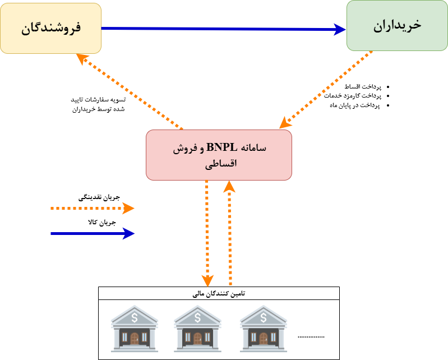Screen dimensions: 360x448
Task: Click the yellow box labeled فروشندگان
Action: click(x=50, y=28)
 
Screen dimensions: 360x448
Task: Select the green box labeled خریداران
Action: click(x=397, y=26)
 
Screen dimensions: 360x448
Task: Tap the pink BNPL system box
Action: click(x=219, y=155)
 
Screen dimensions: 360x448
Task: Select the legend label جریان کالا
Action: click(x=101, y=223)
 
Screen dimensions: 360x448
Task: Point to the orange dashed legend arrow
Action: click(x=93, y=209)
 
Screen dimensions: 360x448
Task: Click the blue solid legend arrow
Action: click(x=93, y=233)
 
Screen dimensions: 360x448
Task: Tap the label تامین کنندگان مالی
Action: click(x=219, y=293)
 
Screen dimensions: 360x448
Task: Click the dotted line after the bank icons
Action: click(x=311, y=336)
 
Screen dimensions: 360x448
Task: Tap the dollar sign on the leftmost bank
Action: click(x=134, y=317)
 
